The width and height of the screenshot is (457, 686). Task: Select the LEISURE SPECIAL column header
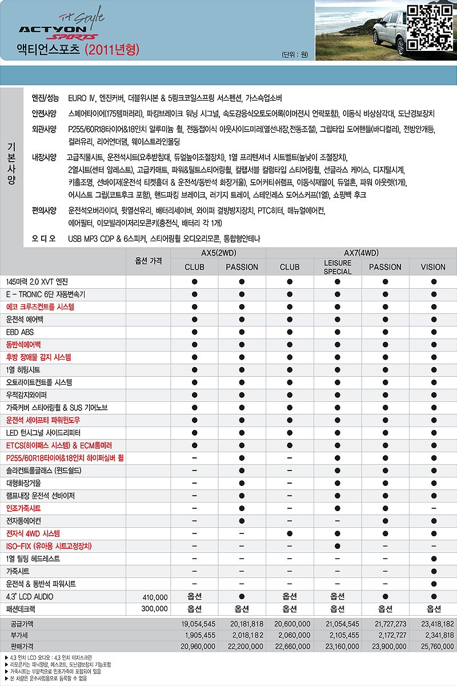tap(337, 267)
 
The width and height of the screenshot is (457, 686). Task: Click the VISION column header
tap(433, 267)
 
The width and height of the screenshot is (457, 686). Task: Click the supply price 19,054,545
tap(198, 624)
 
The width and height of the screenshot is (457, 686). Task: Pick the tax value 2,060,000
tap(292, 635)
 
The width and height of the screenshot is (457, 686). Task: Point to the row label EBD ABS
tap(20, 332)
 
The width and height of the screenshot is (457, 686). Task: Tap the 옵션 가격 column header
tap(149, 261)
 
